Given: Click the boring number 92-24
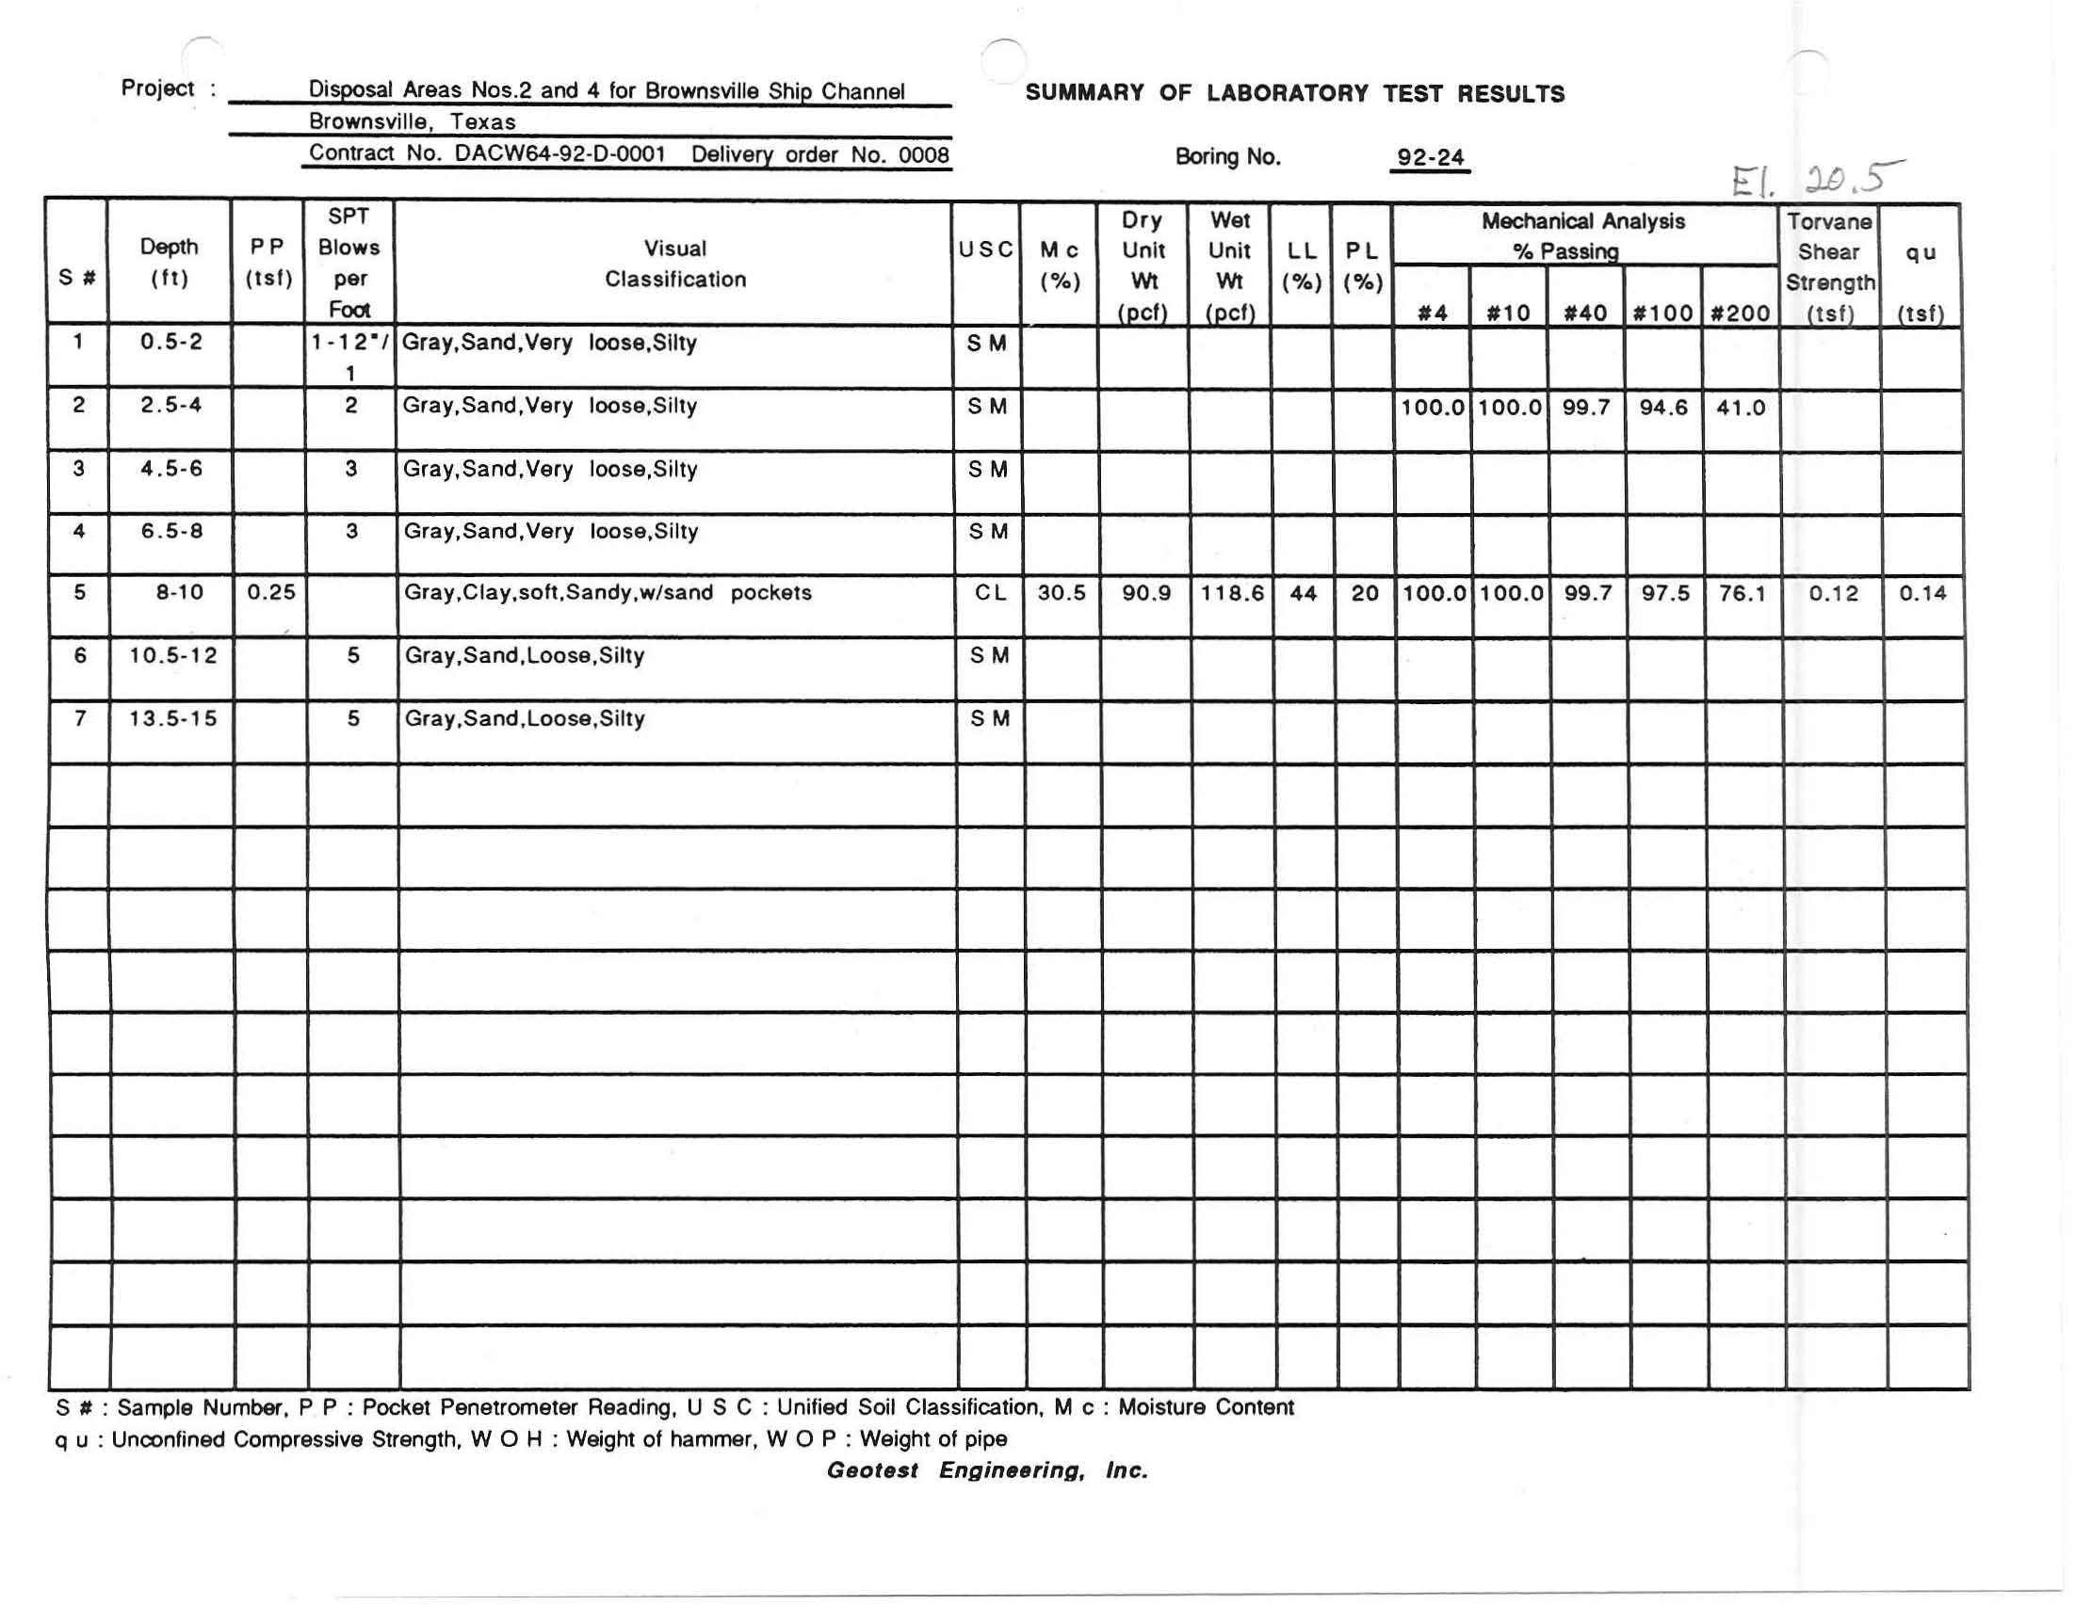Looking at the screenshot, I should click(1430, 157).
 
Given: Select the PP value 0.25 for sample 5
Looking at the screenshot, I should click(270, 593).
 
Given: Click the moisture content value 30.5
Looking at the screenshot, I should click(1062, 594).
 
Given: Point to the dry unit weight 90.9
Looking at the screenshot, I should click(1145, 594).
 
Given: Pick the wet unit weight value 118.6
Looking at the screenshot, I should click(1232, 594).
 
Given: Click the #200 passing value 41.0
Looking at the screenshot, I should click(1741, 409).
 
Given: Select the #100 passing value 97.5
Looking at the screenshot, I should click(1663, 594).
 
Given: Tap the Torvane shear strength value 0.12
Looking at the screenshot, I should click(1833, 594).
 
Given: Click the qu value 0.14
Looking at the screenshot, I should click(1922, 594).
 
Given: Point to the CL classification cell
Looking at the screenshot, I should click(990, 594).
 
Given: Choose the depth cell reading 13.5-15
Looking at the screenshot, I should click(173, 719).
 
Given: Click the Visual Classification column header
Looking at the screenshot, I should click(675, 264).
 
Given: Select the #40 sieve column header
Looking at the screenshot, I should click(1585, 313).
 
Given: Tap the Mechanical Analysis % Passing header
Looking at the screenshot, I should click(1582, 236).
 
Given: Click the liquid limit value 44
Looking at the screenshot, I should click(1304, 594).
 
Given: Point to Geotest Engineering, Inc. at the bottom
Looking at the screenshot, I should click(987, 1471).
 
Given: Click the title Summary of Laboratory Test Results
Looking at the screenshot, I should click(1295, 93).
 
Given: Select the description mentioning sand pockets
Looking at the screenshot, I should click(608, 593).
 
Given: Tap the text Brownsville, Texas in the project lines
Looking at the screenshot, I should click(413, 121).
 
